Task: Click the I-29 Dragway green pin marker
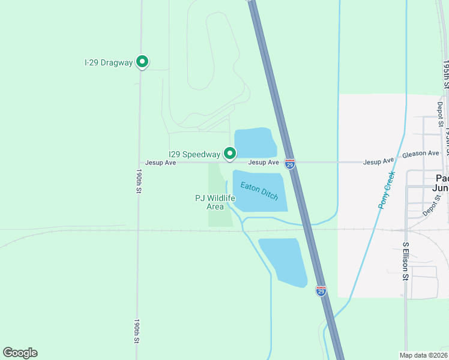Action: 142,62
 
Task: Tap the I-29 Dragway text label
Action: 108,62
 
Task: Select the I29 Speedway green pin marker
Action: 229,154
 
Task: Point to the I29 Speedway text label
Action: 194,154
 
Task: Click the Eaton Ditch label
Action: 259,191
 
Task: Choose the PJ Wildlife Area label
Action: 215,202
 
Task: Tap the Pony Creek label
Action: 387,190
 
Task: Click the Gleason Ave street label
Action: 420,154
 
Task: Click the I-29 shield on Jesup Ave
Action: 290,164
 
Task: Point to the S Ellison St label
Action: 406,261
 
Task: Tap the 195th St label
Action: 446,74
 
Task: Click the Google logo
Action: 20,353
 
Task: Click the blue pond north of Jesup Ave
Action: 254,143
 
